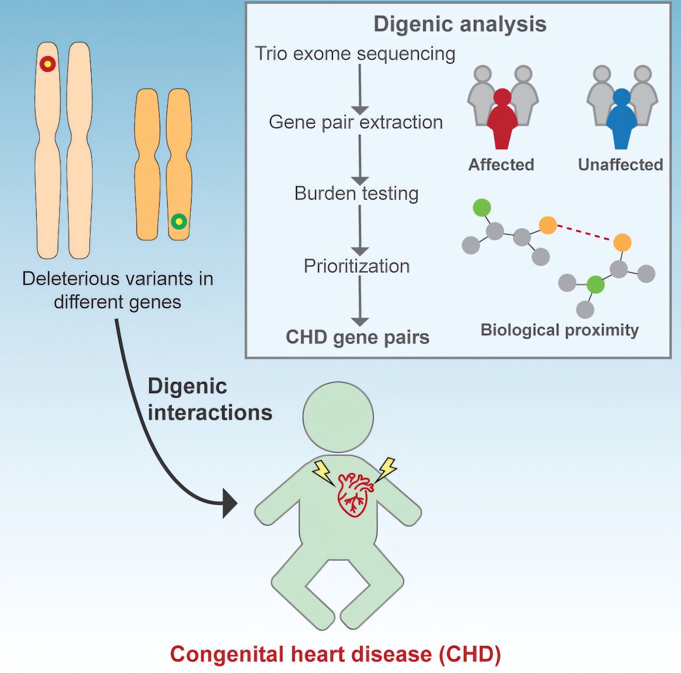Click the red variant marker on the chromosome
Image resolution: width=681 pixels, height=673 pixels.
(x=47, y=64)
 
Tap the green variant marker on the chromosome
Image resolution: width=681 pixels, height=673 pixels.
(x=179, y=221)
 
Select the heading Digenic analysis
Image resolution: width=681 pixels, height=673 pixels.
(x=460, y=24)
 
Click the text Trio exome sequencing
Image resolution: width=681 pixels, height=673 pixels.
(x=355, y=54)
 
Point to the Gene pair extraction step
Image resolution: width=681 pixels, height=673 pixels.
(x=355, y=122)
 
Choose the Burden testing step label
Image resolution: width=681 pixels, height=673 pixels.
(x=356, y=193)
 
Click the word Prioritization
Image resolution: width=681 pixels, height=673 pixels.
(x=356, y=266)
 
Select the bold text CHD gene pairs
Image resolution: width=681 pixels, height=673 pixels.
(x=358, y=337)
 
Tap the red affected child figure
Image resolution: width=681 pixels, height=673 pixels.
(x=502, y=120)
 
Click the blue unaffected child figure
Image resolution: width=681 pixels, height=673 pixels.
(x=621, y=120)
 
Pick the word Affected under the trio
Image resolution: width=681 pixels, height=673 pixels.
(x=501, y=165)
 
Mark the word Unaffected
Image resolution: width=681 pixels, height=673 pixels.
(x=620, y=165)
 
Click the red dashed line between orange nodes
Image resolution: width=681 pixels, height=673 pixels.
(x=585, y=234)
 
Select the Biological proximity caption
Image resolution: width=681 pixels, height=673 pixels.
(x=559, y=330)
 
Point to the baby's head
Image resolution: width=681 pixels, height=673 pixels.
(x=338, y=417)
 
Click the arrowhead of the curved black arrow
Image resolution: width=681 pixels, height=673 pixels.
(x=229, y=503)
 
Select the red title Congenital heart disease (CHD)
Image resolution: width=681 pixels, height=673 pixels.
(x=335, y=654)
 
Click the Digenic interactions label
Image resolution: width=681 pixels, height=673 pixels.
(x=210, y=399)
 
